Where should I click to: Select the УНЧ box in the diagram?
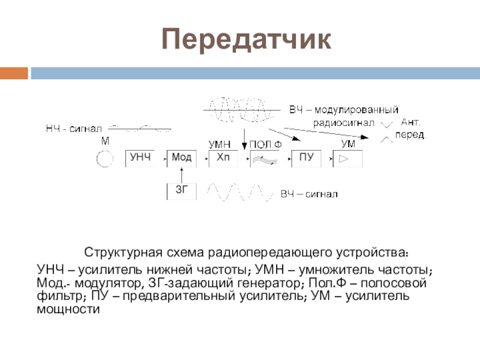[140, 158]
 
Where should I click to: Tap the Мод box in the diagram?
[181, 158]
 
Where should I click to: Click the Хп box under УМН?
[223, 158]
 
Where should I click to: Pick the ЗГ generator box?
[181, 191]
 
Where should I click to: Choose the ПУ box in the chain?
[307, 158]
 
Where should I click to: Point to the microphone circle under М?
[104, 159]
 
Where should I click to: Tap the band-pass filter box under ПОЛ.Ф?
[265, 158]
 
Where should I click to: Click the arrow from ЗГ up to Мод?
[181, 174]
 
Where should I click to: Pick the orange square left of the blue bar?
[14, 73]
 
